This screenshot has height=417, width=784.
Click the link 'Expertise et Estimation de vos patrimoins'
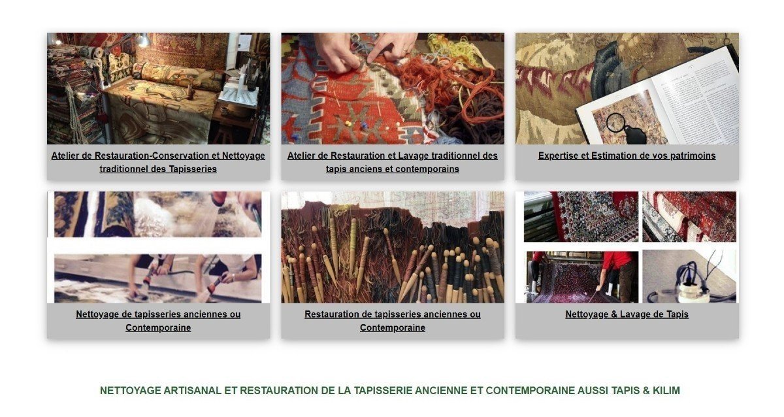627,156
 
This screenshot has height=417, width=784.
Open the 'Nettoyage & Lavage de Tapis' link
627,314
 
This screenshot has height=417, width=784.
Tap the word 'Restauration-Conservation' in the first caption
157,156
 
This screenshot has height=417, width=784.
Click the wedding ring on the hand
405,50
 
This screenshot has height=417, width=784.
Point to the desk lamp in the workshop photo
144,41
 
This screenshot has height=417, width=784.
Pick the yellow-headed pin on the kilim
349,124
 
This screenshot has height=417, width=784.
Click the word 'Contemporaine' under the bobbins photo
393,327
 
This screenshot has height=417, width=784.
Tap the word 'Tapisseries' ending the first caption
193,169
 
